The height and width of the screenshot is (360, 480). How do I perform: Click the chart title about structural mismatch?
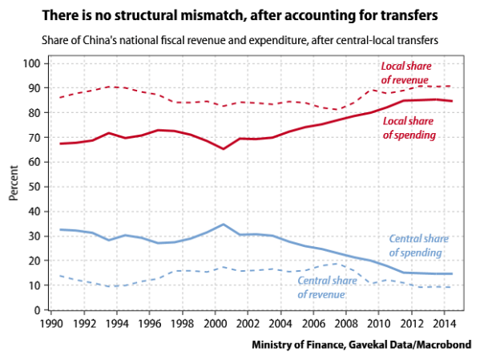click(240, 15)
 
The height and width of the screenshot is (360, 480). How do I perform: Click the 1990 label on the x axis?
click(53, 325)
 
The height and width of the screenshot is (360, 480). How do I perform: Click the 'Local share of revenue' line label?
click(406, 71)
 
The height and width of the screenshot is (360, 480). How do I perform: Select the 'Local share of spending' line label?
click(409, 127)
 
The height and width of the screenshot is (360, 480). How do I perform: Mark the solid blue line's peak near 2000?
click(224, 224)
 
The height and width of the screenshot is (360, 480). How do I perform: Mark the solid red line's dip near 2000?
click(224, 148)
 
